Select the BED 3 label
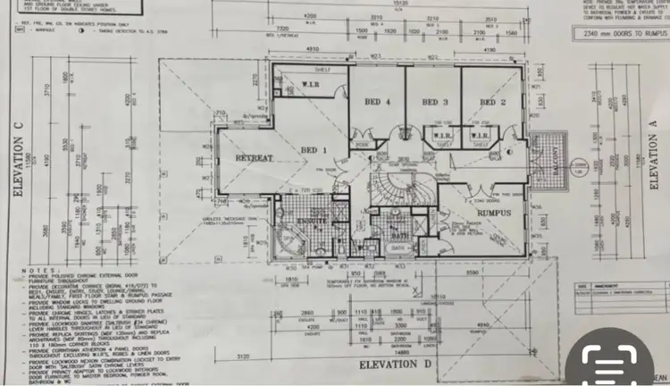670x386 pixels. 434,103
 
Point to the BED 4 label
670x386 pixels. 378,103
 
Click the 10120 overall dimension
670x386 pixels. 400,4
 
